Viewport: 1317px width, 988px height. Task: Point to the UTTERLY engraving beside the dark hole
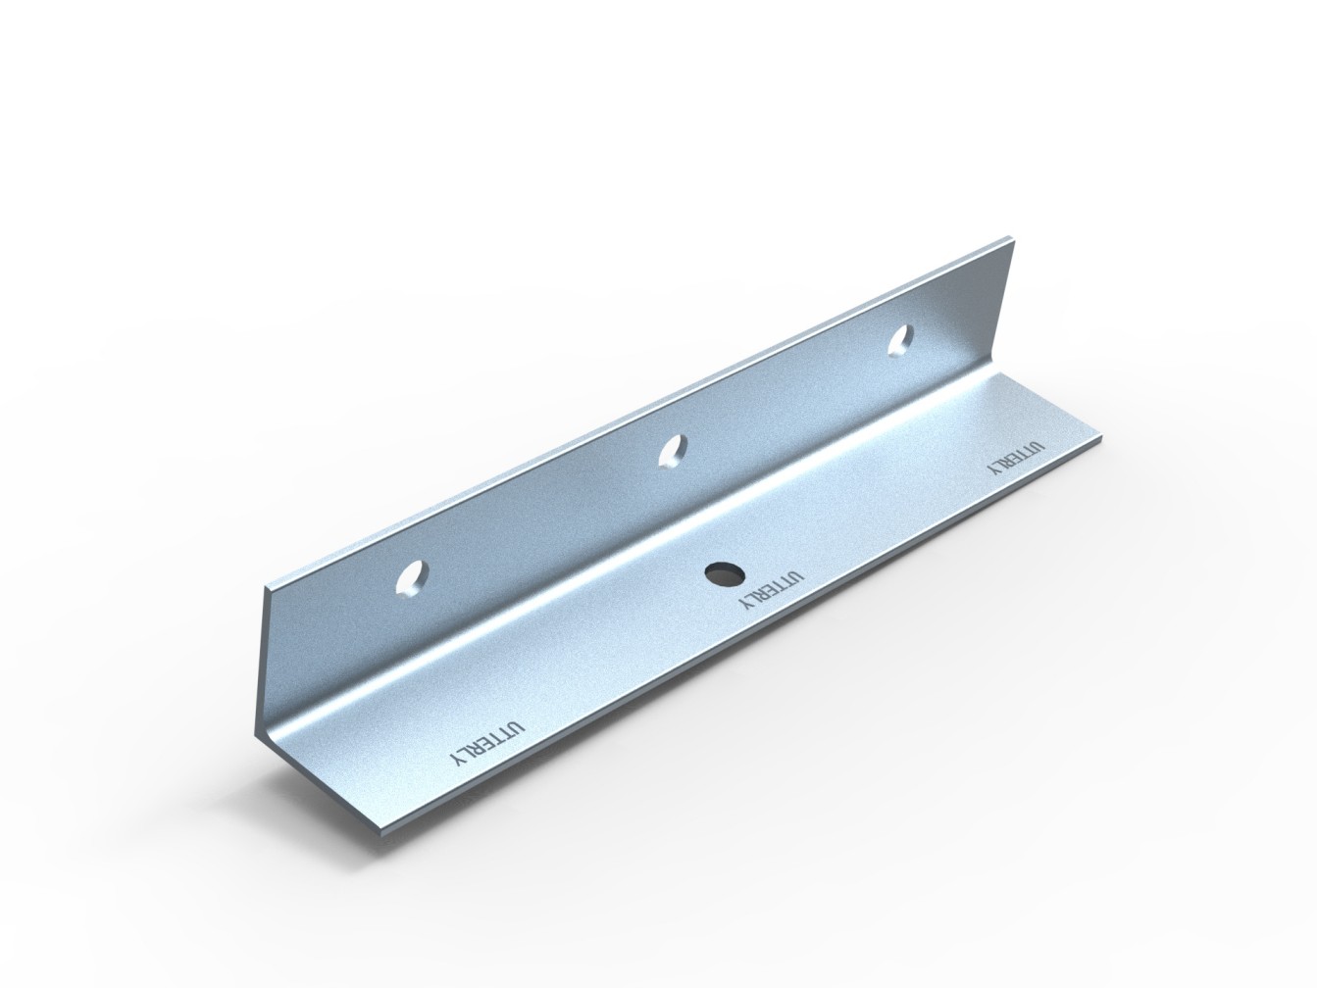coord(770,589)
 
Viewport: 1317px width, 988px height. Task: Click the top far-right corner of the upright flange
coord(1011,237)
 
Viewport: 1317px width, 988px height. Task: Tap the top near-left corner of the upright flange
coord(265,588)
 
